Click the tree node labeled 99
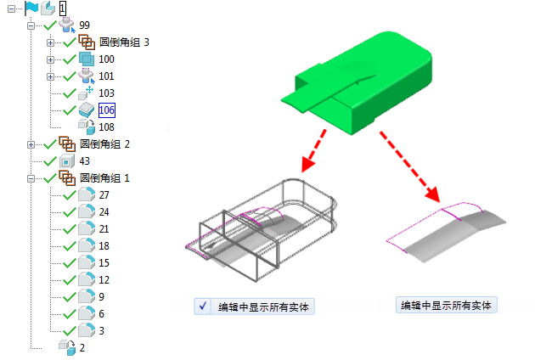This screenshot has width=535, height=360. click(85, 25)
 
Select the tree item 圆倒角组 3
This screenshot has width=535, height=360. click(124, 42)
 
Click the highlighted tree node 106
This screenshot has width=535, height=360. click(107, 110)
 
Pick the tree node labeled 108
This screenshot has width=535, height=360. click(106, 127)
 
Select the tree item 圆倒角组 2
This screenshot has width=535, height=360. click(104, 143)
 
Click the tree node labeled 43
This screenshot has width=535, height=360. click(85, 160)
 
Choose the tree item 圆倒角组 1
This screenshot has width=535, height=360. click(104, 177)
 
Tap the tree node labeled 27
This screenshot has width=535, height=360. click(104, 194)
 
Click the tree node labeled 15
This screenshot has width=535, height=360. click(104, 262)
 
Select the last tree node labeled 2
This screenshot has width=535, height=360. click(82, 346)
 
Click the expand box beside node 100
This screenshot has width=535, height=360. click(50, 59)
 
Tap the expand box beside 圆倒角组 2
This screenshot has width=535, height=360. click(31, 144)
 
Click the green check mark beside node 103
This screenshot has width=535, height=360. click(70, 93)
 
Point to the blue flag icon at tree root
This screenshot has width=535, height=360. click(31, 8)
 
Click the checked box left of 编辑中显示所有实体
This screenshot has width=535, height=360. click(203, 307)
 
